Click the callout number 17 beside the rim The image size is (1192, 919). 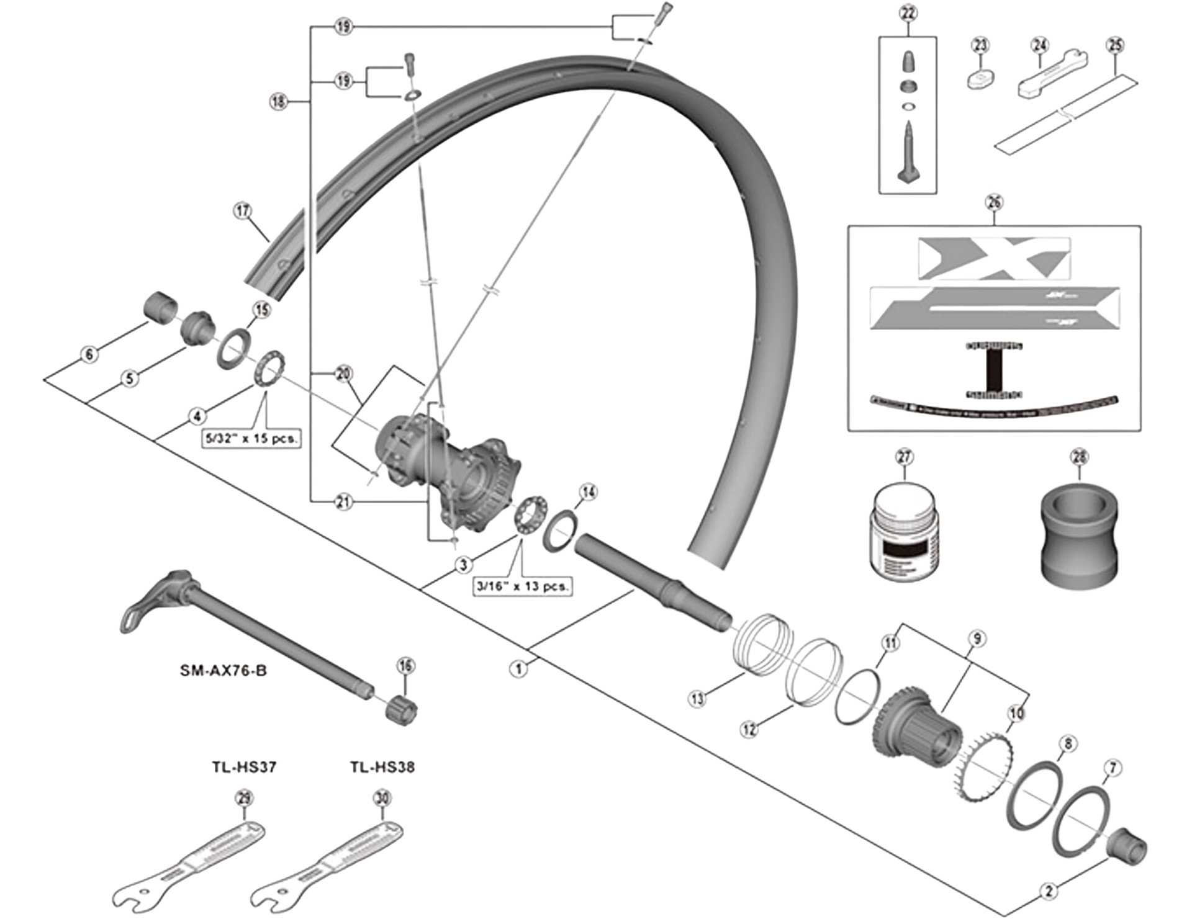243,211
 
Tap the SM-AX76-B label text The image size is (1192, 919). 223,671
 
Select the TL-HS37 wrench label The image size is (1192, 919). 244,767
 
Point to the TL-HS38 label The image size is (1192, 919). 382,767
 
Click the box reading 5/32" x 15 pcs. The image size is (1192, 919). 251,438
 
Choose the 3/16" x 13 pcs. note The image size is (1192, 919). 522,586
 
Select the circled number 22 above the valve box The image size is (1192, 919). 908,14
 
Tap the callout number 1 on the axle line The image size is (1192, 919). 519,668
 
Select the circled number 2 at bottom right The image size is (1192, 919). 1049,891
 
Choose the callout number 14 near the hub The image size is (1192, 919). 588,492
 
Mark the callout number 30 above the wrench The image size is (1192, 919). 382,798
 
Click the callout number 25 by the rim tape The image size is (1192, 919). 1116,45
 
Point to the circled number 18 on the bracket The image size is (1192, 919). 279,101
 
